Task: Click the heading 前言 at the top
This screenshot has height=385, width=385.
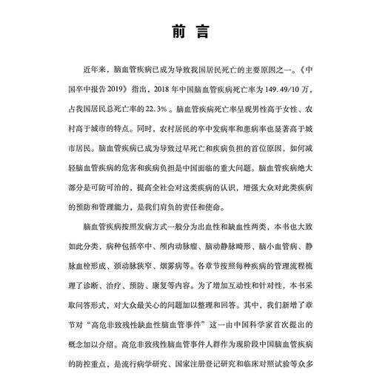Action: tap(192, 33)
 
